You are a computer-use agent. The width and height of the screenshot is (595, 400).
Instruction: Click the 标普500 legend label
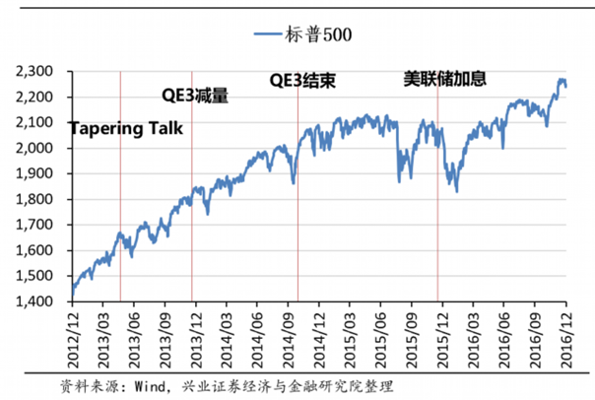click(x=321, y=34)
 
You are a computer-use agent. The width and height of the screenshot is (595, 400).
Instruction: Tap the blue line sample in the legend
click(x=268, y=34)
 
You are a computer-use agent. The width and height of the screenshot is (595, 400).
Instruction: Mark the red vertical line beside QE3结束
click(x=297, y=197)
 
